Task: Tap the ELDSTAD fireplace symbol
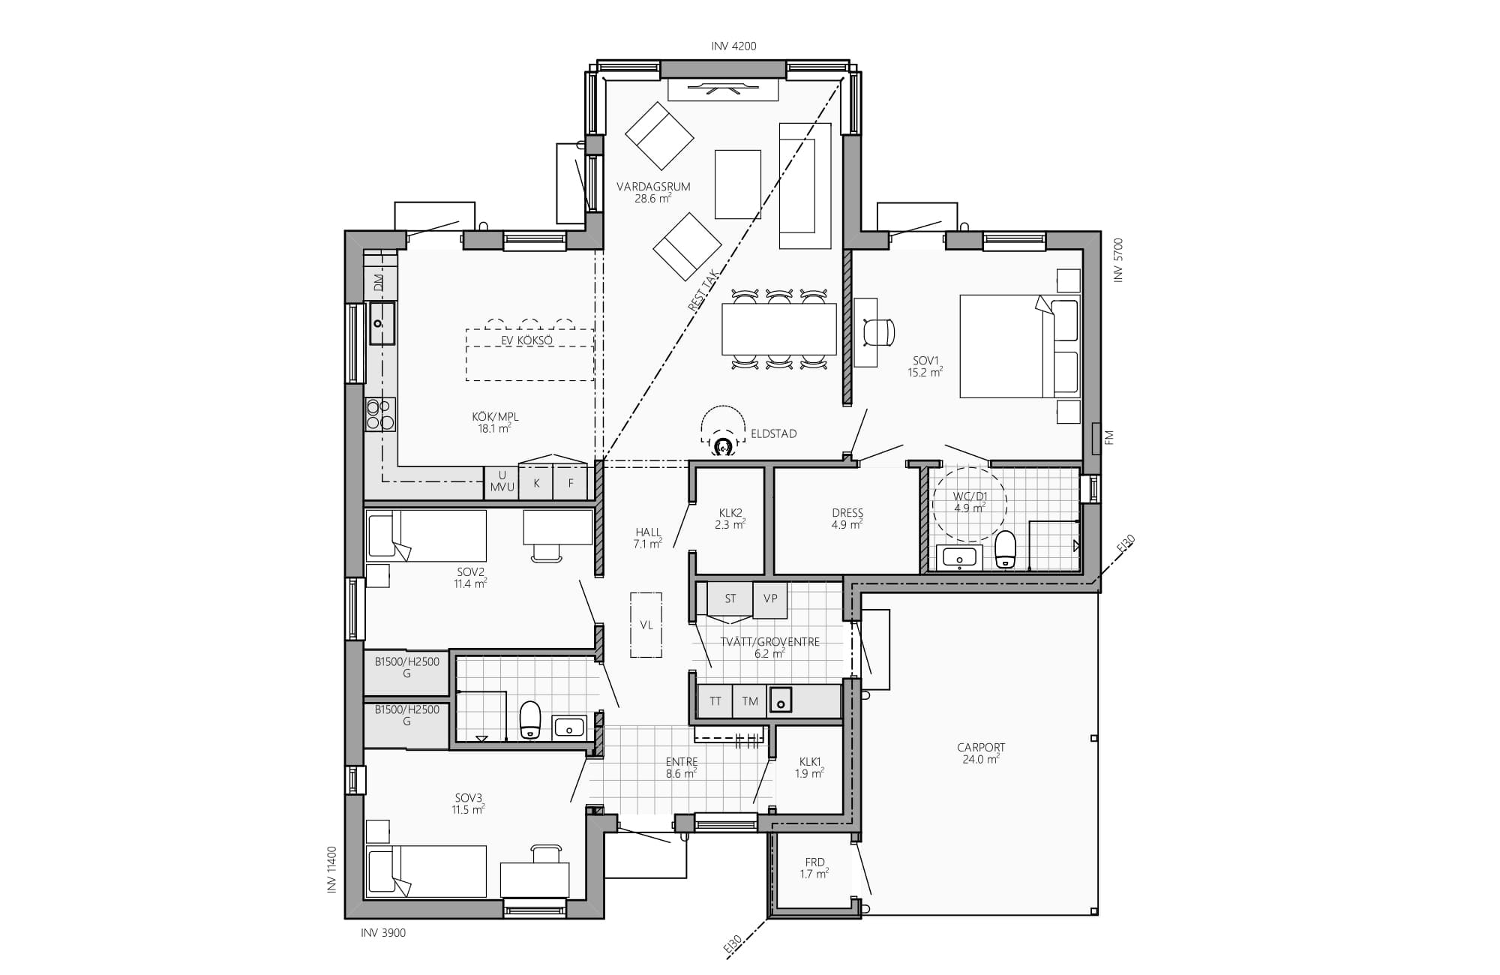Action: [x=723, y=447]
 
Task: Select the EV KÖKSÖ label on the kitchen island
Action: [x=526, y=340]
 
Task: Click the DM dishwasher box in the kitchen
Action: [x=379, y=283]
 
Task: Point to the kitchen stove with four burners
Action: [x=380, y=415]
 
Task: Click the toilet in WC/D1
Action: [x=1005, y=550]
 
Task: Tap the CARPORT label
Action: [x=981, y=748]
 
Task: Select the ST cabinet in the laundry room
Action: [x=730, y=599]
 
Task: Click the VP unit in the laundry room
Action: [x=770, y=599]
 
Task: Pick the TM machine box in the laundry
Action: [x=750, y=701]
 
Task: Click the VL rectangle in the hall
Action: [x=646, y=625]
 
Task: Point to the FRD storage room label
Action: [x=814, y=862]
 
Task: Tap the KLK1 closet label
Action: [x=810, y=761]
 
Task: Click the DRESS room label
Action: [x=847, y=514]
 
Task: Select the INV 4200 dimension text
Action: [x=733, y=46]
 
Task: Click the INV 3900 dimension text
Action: [x=383, y=933]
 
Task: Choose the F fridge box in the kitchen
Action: [x=571, y=483]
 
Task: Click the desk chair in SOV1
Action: [x=880, y=331]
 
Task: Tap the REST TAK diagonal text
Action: [x=703, y=290]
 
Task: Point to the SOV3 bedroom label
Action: [x=468, y=798]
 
